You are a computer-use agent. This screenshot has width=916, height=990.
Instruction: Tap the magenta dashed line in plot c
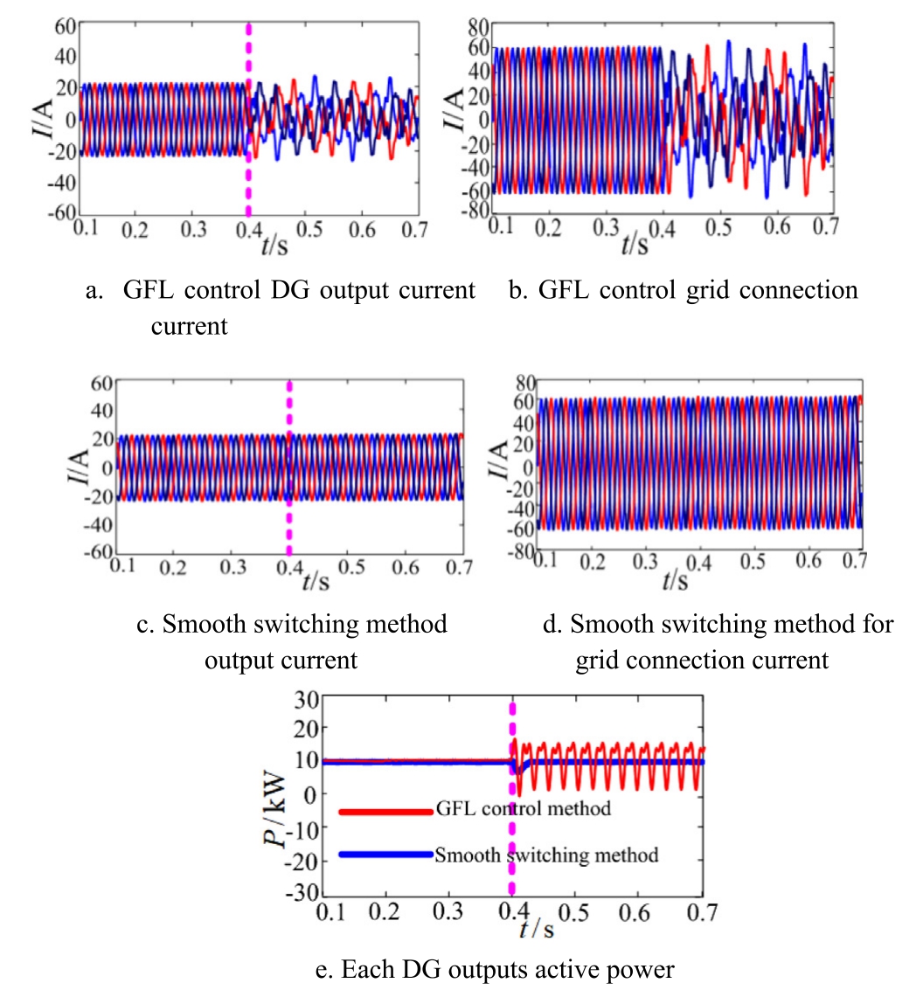[289, 468]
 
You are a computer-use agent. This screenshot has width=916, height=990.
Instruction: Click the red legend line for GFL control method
[385, 811]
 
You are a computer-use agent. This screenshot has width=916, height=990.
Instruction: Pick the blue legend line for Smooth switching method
[385, 855]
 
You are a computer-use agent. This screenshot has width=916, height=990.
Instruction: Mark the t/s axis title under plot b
[635, 244]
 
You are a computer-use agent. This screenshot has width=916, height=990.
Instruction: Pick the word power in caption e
[642, 969]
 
